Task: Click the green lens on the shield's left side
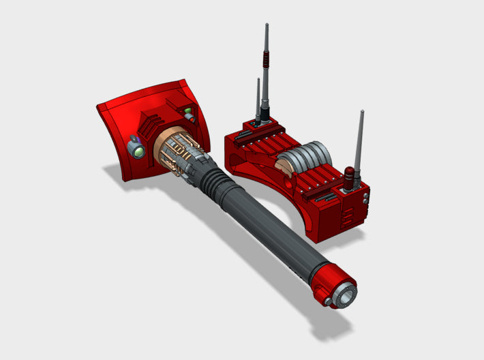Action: (x=139, y=151)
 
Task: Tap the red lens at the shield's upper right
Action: (x=190, y=118)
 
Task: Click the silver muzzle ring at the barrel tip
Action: (x=348, y=295)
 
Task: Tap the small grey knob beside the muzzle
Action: (x=328, y=301)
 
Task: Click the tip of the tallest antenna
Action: (x=264, y=26)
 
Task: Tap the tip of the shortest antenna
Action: (x=258, y=79)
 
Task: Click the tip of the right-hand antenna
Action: (x=361, y=111)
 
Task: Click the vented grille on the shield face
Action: (x=148, y=126)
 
